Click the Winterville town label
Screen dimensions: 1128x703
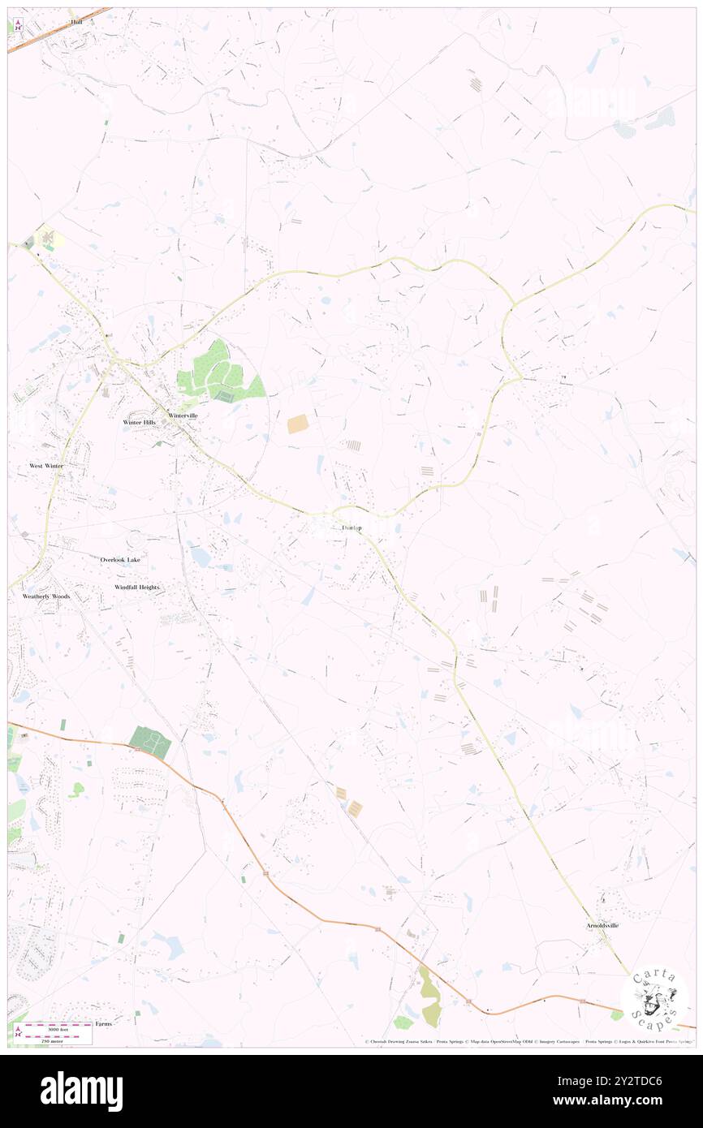[x=183, y=415]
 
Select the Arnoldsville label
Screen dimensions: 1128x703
[x=602, y=925]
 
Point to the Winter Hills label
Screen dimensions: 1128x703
[x=139, y=423]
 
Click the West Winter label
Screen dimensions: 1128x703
[x=46, y=466]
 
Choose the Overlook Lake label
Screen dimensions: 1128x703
[x=120, y=560]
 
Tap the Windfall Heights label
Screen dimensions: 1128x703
[x=137, y=587]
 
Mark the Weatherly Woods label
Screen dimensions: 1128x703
[x=46, y=596]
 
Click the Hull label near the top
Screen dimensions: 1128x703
[x=77, y=22]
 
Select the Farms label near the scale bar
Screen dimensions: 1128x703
[x=103, y=1024]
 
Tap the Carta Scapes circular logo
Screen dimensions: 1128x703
[x=654, y=998]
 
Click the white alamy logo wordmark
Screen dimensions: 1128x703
[x=81, y=1091]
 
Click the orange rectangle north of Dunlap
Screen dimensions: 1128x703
[x=298, y=424]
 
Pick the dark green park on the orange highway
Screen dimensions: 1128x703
[x=150, y=742]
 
